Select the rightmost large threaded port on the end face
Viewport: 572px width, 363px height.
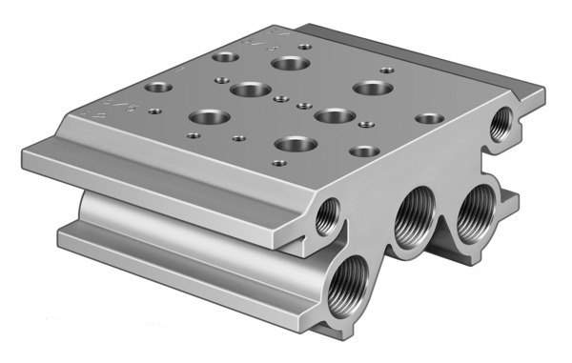point(473,220)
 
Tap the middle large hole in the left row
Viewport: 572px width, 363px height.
point(249,91)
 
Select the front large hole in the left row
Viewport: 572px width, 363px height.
point(207,118)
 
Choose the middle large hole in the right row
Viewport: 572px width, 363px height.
point(330,115)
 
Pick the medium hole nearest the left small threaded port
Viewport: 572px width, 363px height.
point(362,151)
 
